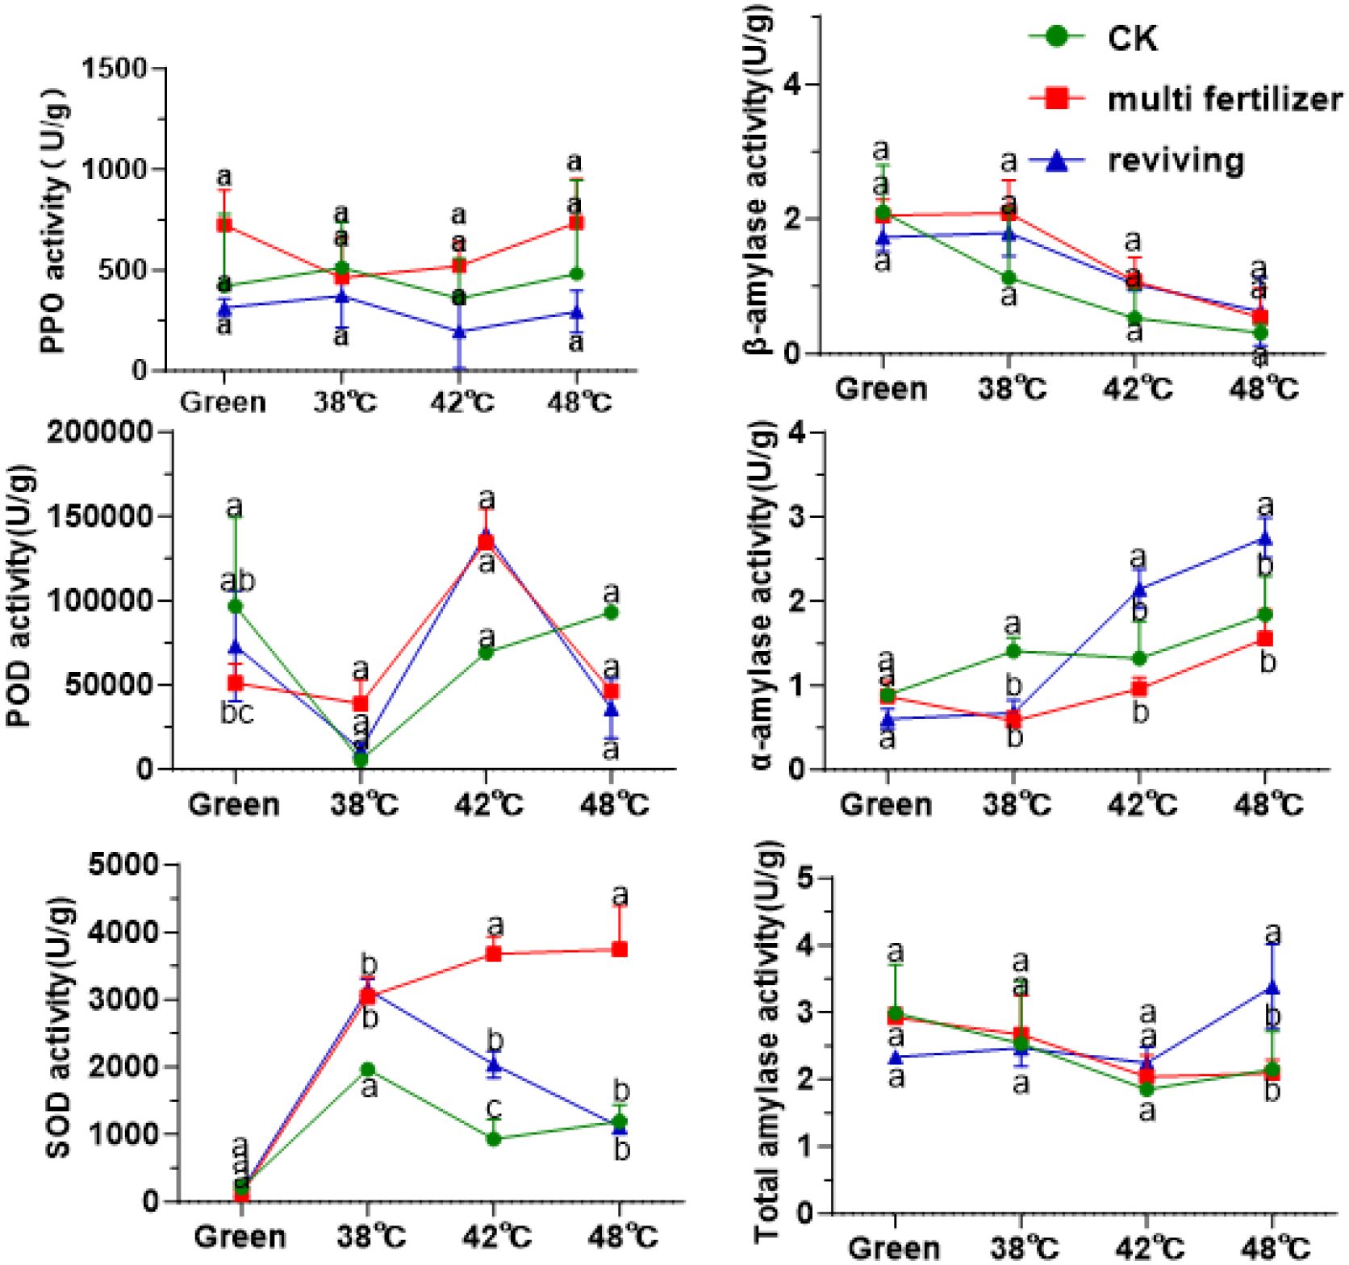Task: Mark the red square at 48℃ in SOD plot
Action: click(620, 950)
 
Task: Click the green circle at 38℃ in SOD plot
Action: click(368, 1070)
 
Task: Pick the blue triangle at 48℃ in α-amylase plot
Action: click(1264, 538)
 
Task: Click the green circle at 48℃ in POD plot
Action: click(611, 613)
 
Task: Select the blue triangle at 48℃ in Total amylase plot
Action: click(1272, 987)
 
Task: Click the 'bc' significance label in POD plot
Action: click(236, 714)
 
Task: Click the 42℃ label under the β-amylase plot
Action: click(1137, 390)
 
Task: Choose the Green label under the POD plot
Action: click(234, 805)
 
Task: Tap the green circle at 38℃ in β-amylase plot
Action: click(1009, 278)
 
